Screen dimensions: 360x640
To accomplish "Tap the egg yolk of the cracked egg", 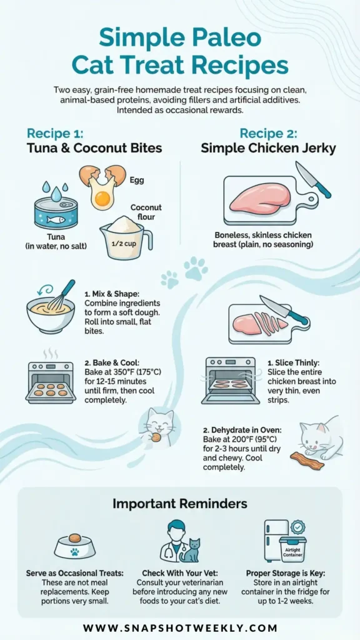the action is (103, 198).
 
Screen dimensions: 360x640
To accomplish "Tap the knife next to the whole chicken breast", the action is (313, 179).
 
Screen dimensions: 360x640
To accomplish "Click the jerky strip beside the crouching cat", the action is (307, 461).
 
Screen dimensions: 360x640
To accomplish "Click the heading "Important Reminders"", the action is (179, 504).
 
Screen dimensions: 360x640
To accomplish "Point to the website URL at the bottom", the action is (180, 627).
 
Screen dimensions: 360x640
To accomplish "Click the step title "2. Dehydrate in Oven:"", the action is (236, 430).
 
